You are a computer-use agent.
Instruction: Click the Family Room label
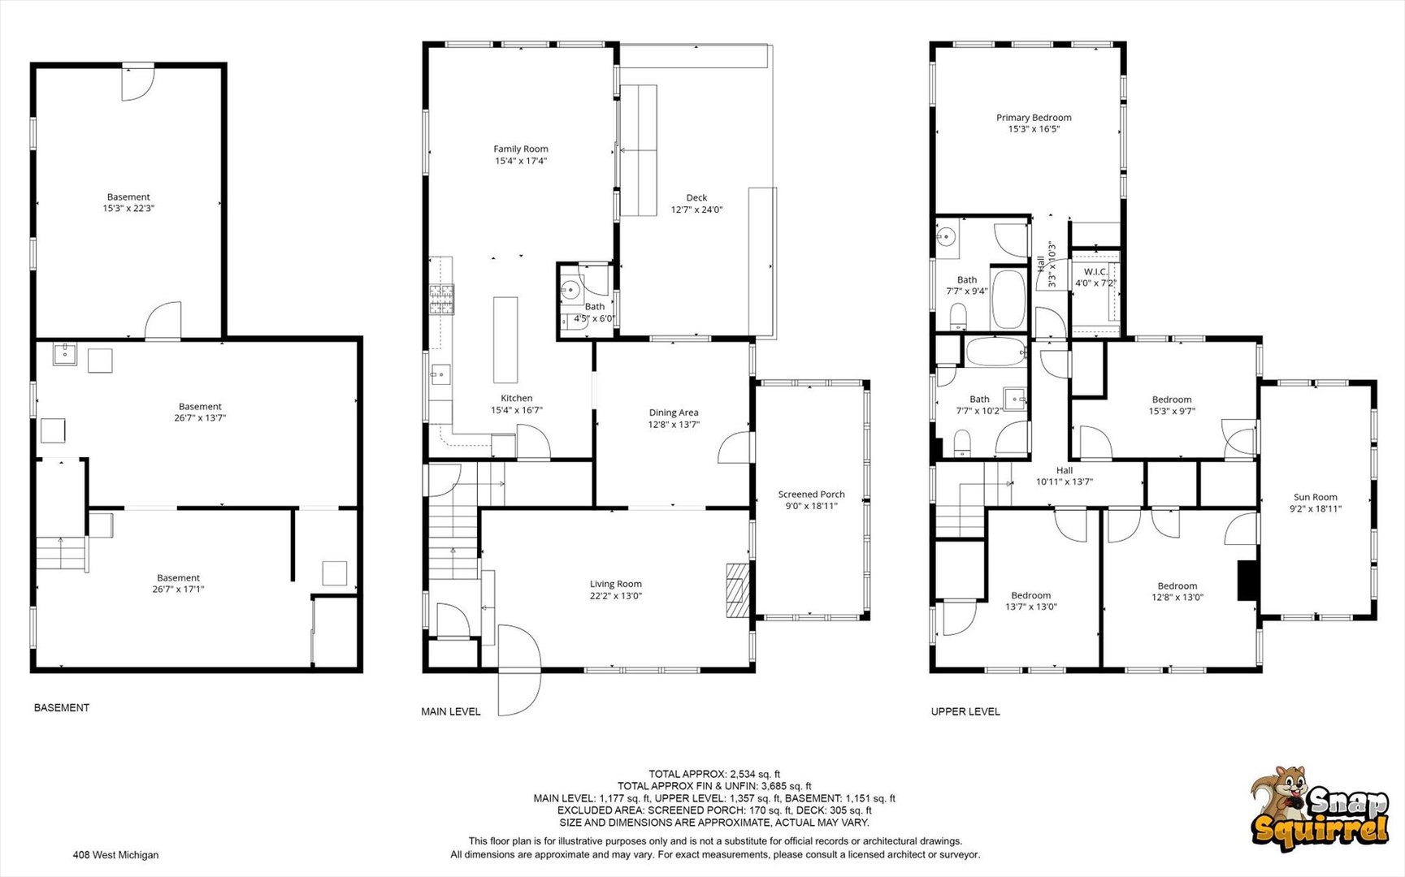pos(521,149)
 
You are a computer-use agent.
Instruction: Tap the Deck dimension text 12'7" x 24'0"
pos(696,210)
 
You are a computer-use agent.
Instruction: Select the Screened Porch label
pos(811,494)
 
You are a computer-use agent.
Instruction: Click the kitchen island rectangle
pos(505,339)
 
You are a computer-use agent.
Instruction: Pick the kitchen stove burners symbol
pos(441,300)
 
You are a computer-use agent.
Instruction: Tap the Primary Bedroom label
pos(1034,118)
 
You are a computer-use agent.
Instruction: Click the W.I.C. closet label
pos(1095,272)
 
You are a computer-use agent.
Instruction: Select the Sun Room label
pos(1315,497)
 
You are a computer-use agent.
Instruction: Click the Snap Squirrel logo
pos(1320,808)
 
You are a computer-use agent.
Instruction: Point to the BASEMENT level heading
pos(62,708)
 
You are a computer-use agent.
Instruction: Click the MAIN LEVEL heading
pos(451,711)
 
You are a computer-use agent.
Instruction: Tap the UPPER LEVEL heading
pos(965,711)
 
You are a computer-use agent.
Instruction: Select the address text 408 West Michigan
pos(115,855)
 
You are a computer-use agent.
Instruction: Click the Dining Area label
pos(674,413)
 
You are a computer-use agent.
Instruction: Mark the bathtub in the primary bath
pos(1008,298)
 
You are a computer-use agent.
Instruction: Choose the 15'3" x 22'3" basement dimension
pos(128,209)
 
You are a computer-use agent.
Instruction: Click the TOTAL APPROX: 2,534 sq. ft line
pos(714,774)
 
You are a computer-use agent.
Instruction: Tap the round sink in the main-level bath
pos(570,288)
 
